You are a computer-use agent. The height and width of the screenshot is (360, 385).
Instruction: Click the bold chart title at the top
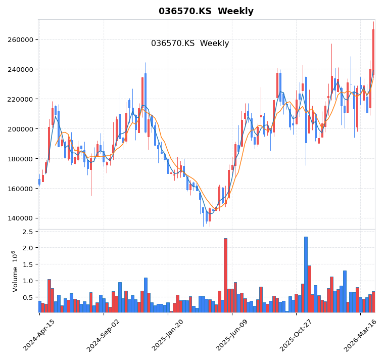point(206,11)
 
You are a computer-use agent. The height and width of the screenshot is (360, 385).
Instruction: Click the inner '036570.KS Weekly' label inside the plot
point(190,43)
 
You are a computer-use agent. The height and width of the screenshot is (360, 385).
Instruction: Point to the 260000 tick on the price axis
point(19,40)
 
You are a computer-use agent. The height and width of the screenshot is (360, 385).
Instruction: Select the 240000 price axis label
point(19,70)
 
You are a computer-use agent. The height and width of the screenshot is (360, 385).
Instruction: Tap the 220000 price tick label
point(19,100)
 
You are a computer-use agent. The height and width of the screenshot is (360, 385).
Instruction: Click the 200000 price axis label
point(19,129)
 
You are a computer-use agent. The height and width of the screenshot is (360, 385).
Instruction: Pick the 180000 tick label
point(19,159)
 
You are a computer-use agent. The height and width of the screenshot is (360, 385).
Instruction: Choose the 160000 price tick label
point(19,189)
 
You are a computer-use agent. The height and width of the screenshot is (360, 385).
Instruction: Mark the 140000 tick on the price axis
point(19,219)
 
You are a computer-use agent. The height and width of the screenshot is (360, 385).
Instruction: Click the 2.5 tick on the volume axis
point(27,232)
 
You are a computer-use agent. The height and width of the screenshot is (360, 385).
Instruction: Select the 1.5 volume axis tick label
point(27,265)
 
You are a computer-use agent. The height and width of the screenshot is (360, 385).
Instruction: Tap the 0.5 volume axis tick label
point(27,298)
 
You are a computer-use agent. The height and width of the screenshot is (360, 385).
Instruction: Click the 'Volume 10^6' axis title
point(15,271)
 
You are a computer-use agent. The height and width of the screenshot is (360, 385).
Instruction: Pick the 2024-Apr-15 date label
point(39,335)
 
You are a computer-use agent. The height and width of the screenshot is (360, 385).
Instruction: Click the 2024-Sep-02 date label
point(103,335)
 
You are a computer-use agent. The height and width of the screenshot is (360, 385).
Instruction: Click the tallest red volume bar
point(225,275)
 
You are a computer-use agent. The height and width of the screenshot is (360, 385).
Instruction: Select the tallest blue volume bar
point(306,274)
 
